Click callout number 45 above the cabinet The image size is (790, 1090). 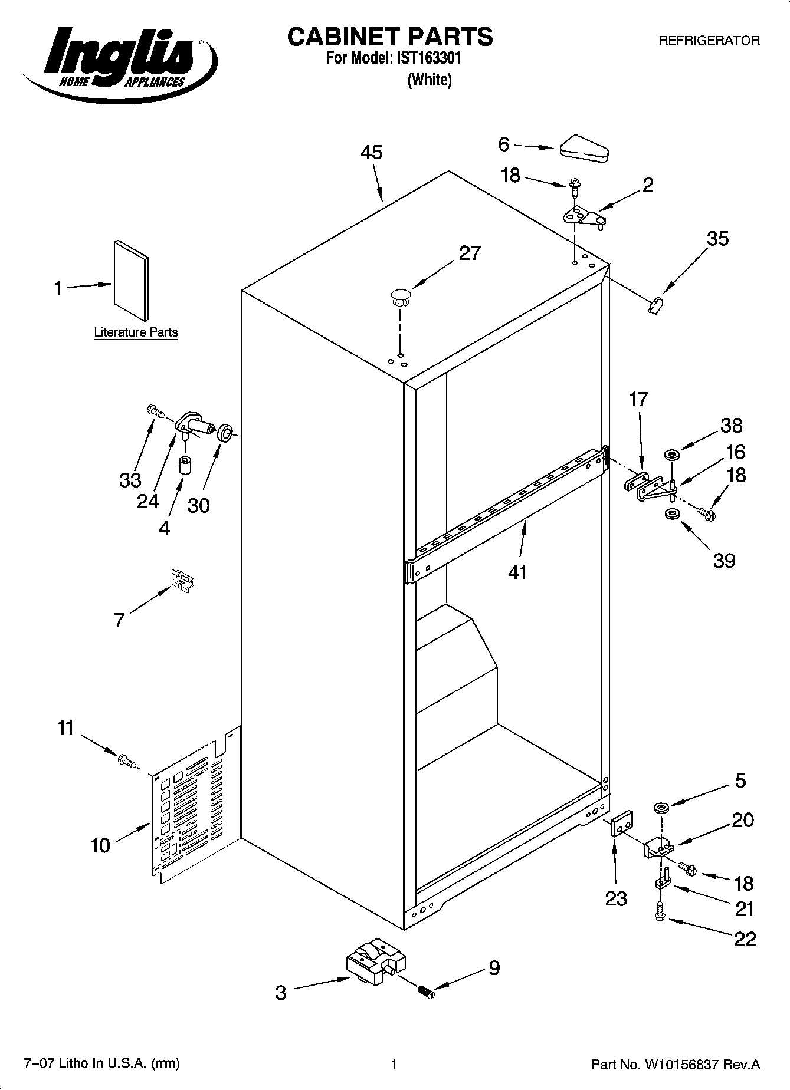point(372,153)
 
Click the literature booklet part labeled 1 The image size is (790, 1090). point(131,281)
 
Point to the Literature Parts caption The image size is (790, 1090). point(136,332)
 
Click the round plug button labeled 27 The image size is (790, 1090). point(400,296)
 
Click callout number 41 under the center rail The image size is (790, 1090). point(517,572)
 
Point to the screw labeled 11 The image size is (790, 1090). point(126,761)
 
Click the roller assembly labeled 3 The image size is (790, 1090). point(374,961)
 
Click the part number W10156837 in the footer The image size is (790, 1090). point(681,1065)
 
